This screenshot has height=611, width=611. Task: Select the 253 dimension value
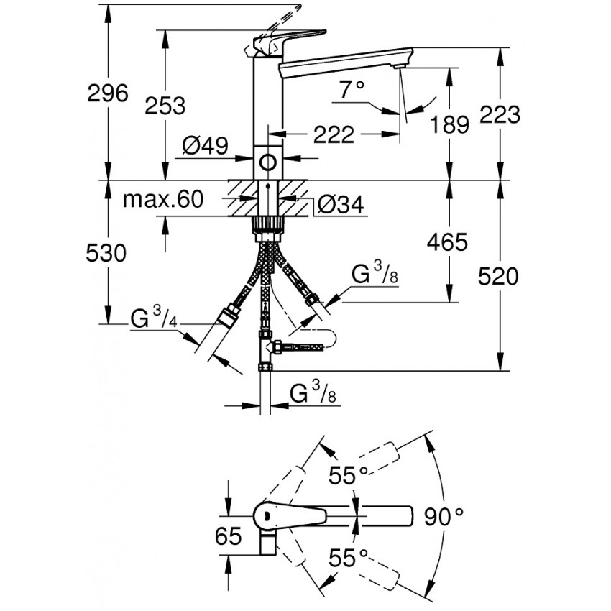pos(165,106)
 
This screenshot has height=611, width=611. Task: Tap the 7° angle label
pos(353,90)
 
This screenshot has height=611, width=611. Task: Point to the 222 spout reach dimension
pos(334,134)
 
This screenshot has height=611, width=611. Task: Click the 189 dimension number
pos(449,124)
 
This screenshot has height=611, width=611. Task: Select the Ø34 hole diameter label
pos(339,206)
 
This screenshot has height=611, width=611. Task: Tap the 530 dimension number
pos(106,253)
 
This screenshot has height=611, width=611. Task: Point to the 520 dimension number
pos(497,277)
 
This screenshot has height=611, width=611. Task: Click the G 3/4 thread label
pos(155,318)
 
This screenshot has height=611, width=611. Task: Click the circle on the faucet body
pos(269,162)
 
